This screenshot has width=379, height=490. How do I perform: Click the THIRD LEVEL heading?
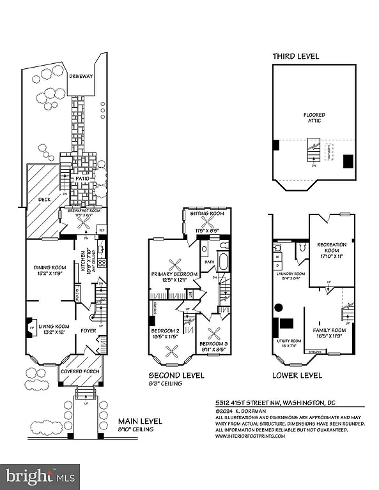click(x=296, y=57)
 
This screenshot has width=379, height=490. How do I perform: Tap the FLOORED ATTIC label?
click(x=314, y=118)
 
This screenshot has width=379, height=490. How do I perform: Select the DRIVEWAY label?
click(x=81, y=77)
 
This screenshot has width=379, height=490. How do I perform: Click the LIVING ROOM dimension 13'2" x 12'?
click(x=54, y=333)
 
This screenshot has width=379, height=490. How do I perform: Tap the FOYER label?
click(x=88, y=330)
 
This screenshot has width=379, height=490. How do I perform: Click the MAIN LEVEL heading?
click(x=140, y=421)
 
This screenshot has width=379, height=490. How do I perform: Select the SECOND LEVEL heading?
click(x=176, y=375)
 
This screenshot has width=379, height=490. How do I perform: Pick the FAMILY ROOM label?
click(x=329, y=330)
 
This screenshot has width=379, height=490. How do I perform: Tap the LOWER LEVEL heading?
click(x=297, y=375)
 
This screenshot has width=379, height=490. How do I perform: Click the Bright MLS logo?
click(x=41, y=475)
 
